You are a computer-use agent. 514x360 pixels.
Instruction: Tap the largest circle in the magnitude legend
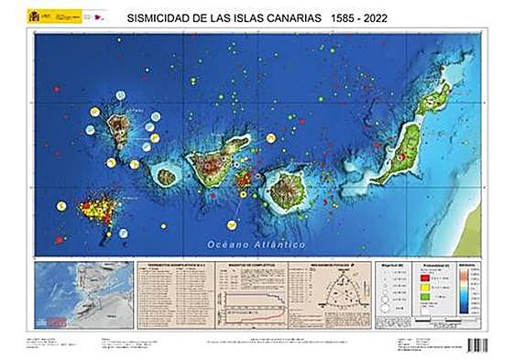coord(389,311)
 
